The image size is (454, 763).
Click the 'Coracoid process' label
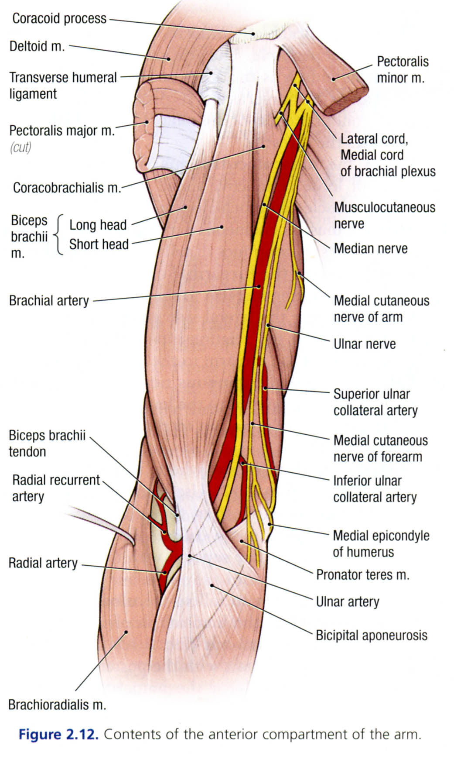click(x=59, y=18)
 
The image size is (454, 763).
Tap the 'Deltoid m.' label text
click(x=37, y=46)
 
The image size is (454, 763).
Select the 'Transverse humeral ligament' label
click(x=63, y=86)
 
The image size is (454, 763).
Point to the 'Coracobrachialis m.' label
click(x=67, y=188)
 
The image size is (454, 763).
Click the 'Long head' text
click(x=98, y=225)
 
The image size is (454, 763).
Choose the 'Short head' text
click(x=99, y=244)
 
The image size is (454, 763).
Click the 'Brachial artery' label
click(x=49, y=301)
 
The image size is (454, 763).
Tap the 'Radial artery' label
click(x=43, y=563)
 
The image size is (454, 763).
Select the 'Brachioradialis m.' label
click(x=57, y=705)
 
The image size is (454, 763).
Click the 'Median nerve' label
click(x=371, y=248)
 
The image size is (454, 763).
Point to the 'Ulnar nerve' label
click(x=365, y=344)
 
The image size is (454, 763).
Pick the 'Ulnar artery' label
click(x=348, y=602)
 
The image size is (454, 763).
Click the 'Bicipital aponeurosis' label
click(x=372, y=635)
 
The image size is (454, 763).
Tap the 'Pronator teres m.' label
click(x=362, y=575)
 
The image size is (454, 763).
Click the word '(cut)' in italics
click(x=20, y=148)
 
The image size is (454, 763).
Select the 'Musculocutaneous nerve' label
click(x=384, y=215)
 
